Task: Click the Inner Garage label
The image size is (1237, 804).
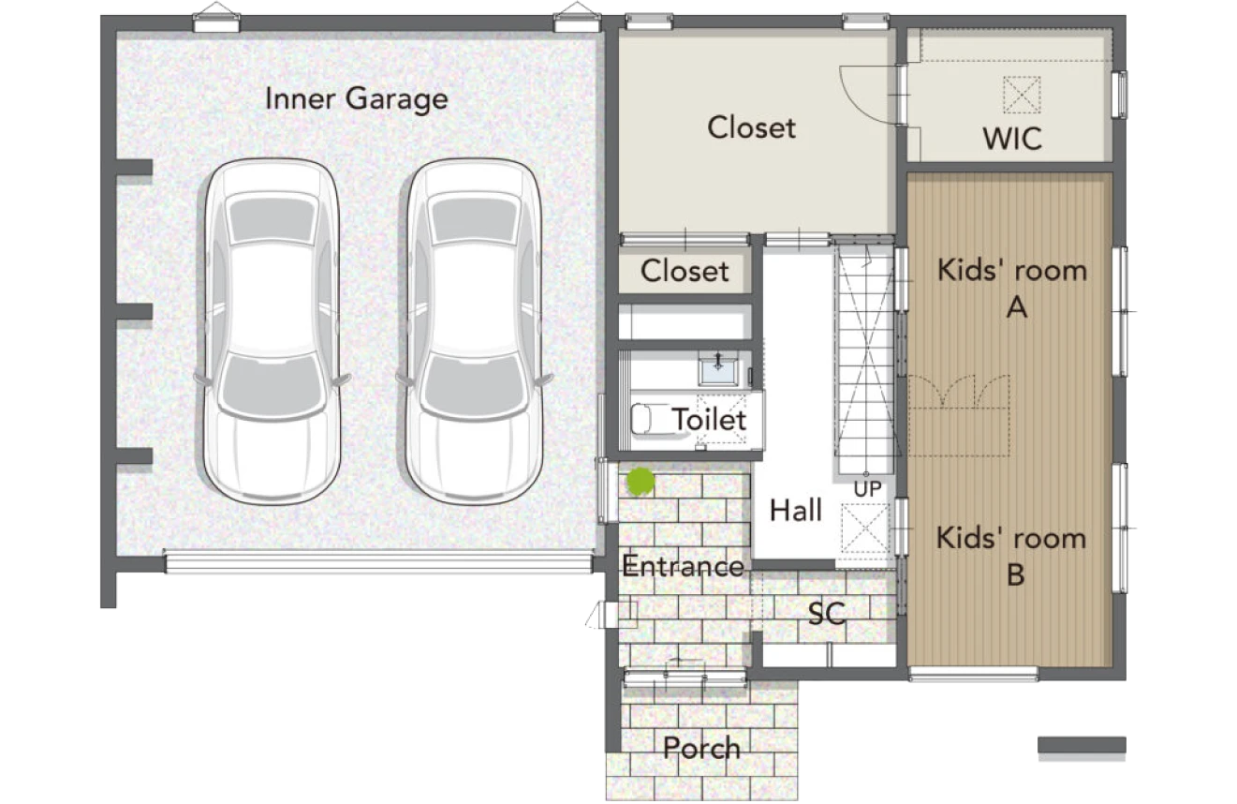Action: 356,99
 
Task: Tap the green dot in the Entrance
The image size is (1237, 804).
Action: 641,482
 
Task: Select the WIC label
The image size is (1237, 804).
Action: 1011,139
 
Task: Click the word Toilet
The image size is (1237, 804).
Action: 709,420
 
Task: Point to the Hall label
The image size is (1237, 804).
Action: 795,510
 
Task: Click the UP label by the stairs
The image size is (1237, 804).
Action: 867,489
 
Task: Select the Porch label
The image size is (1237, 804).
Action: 701,748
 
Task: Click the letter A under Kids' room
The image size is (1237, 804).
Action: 1016,306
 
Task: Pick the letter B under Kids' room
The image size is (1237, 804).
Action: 1016,574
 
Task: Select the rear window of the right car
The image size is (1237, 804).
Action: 474,219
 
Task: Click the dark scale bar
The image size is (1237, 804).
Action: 1082,745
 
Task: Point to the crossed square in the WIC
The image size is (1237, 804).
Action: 1022,95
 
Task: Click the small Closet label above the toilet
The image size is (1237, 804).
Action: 685,272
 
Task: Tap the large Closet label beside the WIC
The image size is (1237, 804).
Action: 751,127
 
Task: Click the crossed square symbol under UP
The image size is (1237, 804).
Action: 865,529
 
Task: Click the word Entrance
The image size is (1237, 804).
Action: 683,566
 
